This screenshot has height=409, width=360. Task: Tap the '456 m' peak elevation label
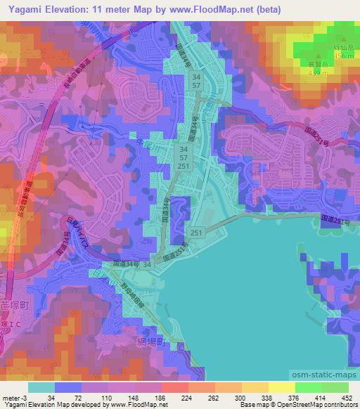click(x=343, y=56)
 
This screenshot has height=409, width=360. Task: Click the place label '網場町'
click(x=149, y=342)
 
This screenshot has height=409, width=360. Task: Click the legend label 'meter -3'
click(x=15, y=397)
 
